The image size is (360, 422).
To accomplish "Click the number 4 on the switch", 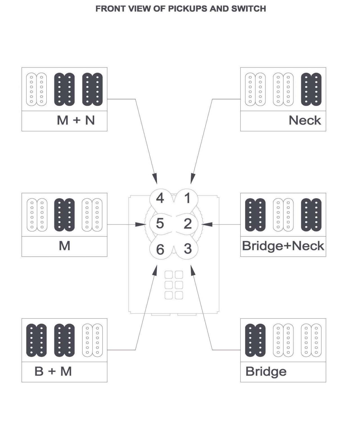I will click(x=160, y=198).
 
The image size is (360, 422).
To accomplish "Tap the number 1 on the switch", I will click(x=188, y=198).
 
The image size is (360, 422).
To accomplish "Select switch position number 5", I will click(x=160, y=223).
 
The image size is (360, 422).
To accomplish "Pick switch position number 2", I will click(x=188, y=224).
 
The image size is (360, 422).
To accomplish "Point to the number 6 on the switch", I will click(x=160, y=249).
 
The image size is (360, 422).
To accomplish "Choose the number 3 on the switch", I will click(x=188, y=249).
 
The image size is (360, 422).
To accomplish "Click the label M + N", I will click(x=76, y=120).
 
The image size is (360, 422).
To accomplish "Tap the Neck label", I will click(x=305, y=120).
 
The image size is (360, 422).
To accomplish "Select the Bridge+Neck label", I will click(x=283, y=246).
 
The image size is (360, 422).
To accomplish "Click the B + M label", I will click(x=53, y=371).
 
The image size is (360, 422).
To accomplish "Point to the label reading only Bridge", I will click(x=266, y=371).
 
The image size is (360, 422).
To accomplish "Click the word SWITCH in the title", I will click(x=248, y=9).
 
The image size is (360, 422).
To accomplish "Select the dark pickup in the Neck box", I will click(x=311, y=89).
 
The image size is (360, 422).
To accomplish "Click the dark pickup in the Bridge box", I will click(x=255, y=340).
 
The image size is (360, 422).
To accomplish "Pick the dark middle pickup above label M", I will click(x=64, y=215).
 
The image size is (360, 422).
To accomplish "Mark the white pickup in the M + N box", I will click(x=37, y=89).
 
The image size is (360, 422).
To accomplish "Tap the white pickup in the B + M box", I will click(x=92, y=340).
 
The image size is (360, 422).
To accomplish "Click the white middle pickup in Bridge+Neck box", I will click(x=283, y=215).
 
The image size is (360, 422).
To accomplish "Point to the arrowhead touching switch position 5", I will click(x=141, y=225).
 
